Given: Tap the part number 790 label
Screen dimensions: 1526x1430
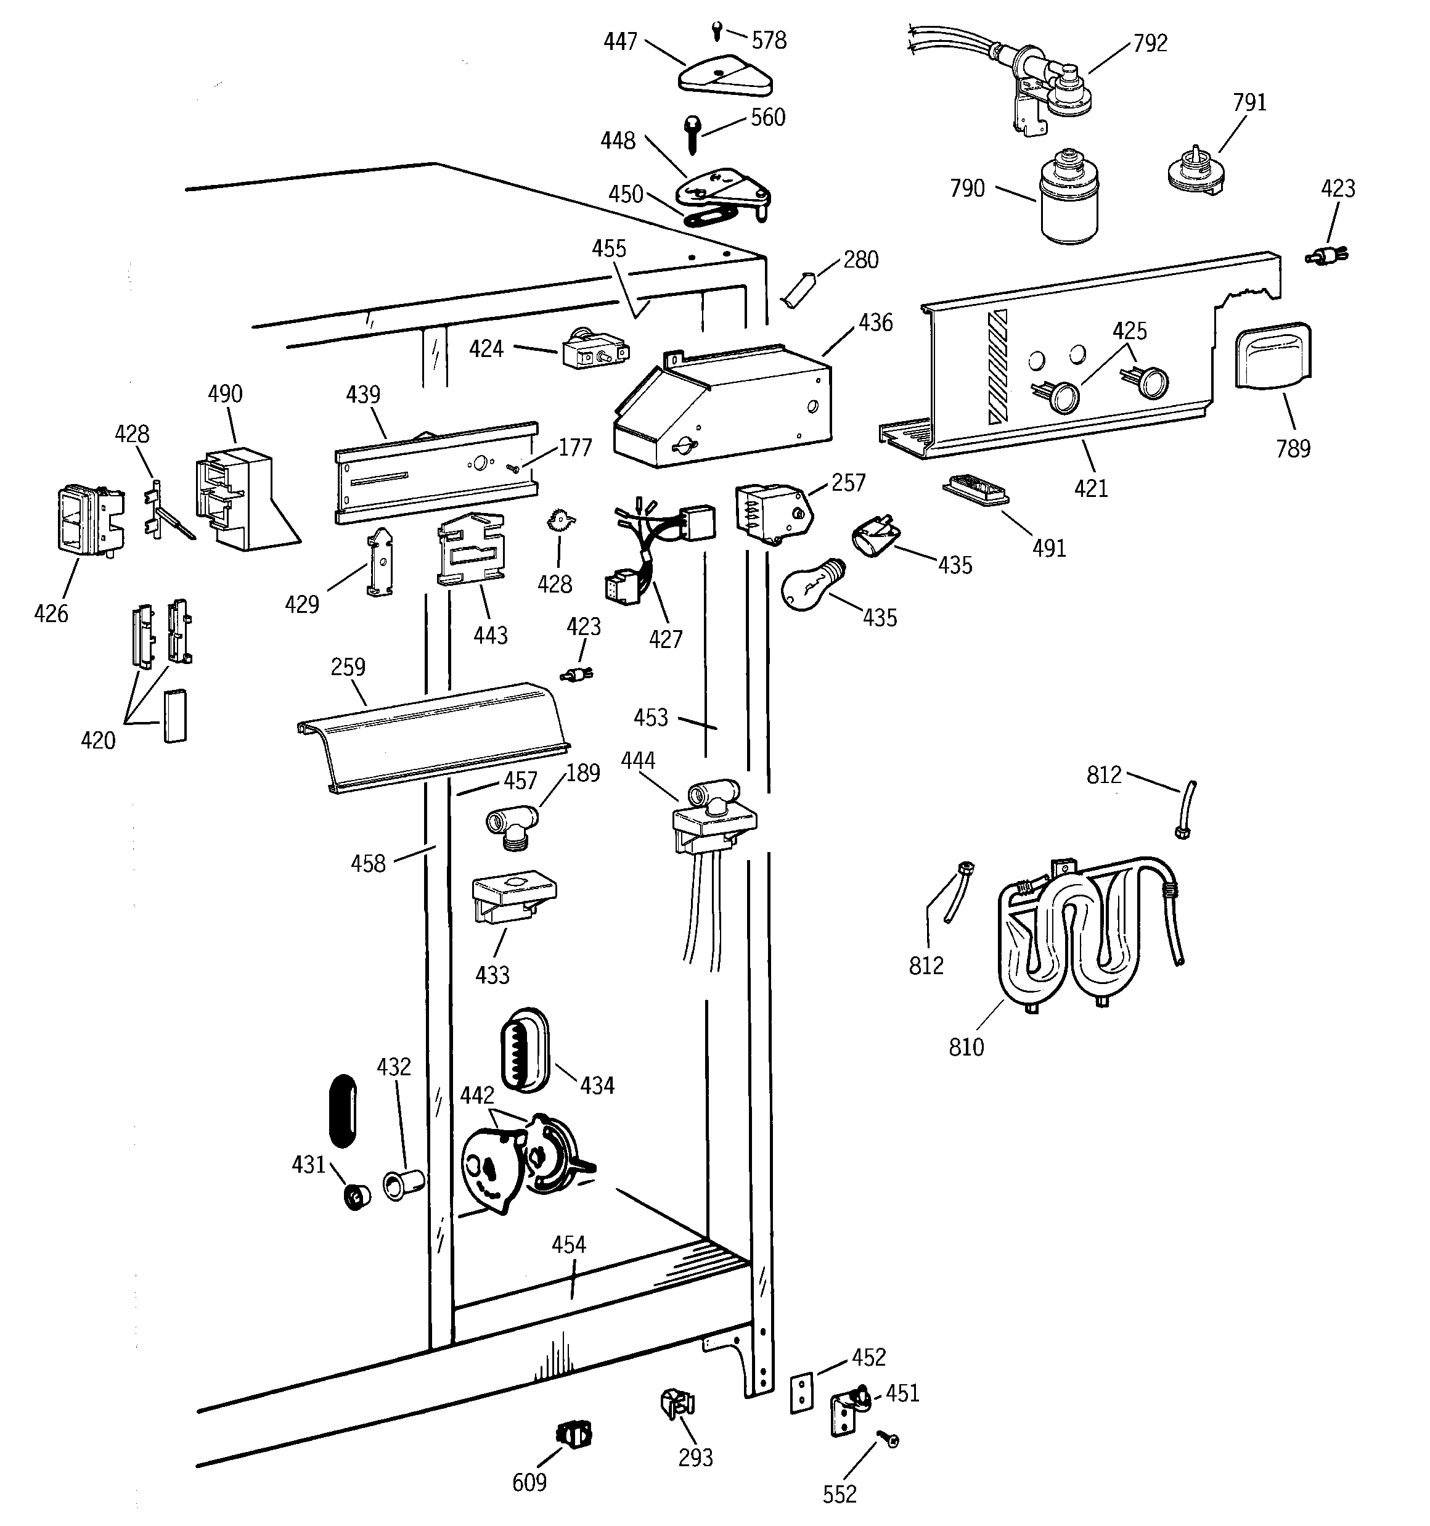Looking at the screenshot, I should [x=966, y=188].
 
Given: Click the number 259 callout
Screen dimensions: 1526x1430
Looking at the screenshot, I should [x=348, y=667].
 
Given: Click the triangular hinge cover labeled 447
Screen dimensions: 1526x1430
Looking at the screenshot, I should [x=725, y=78].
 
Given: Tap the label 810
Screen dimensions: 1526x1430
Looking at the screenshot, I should [x=966, y=1047].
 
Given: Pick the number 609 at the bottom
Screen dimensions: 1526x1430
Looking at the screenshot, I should [x=529, y=1482].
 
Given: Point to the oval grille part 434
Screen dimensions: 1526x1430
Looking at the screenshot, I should [x=525, y=1048].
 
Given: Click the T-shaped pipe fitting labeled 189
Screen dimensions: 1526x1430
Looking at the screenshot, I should [x=513, y=825].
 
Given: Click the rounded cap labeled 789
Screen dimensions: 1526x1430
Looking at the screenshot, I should [x=1272, y=355].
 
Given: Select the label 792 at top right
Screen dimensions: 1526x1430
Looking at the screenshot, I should [x=1150, y=43].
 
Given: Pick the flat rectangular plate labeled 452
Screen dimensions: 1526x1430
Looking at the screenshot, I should [x=801, y=1392].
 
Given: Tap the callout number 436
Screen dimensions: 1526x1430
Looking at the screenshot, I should [x=875, y=322].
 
